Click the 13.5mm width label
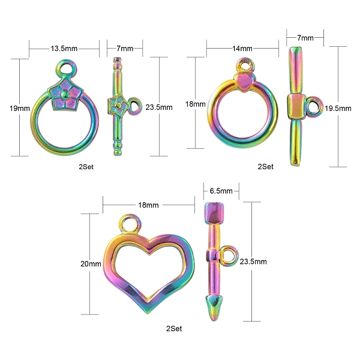pos(64,49)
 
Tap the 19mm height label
pos(20,108)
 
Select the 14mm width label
pos(242,49)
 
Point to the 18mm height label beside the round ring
pos(196,104)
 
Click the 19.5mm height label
pos(338,108)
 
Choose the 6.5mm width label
pos(221,191)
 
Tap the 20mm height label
pos(91,264)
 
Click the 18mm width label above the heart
pos(148,205)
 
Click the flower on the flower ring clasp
pos(65,94)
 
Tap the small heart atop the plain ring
pos(245,82)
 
